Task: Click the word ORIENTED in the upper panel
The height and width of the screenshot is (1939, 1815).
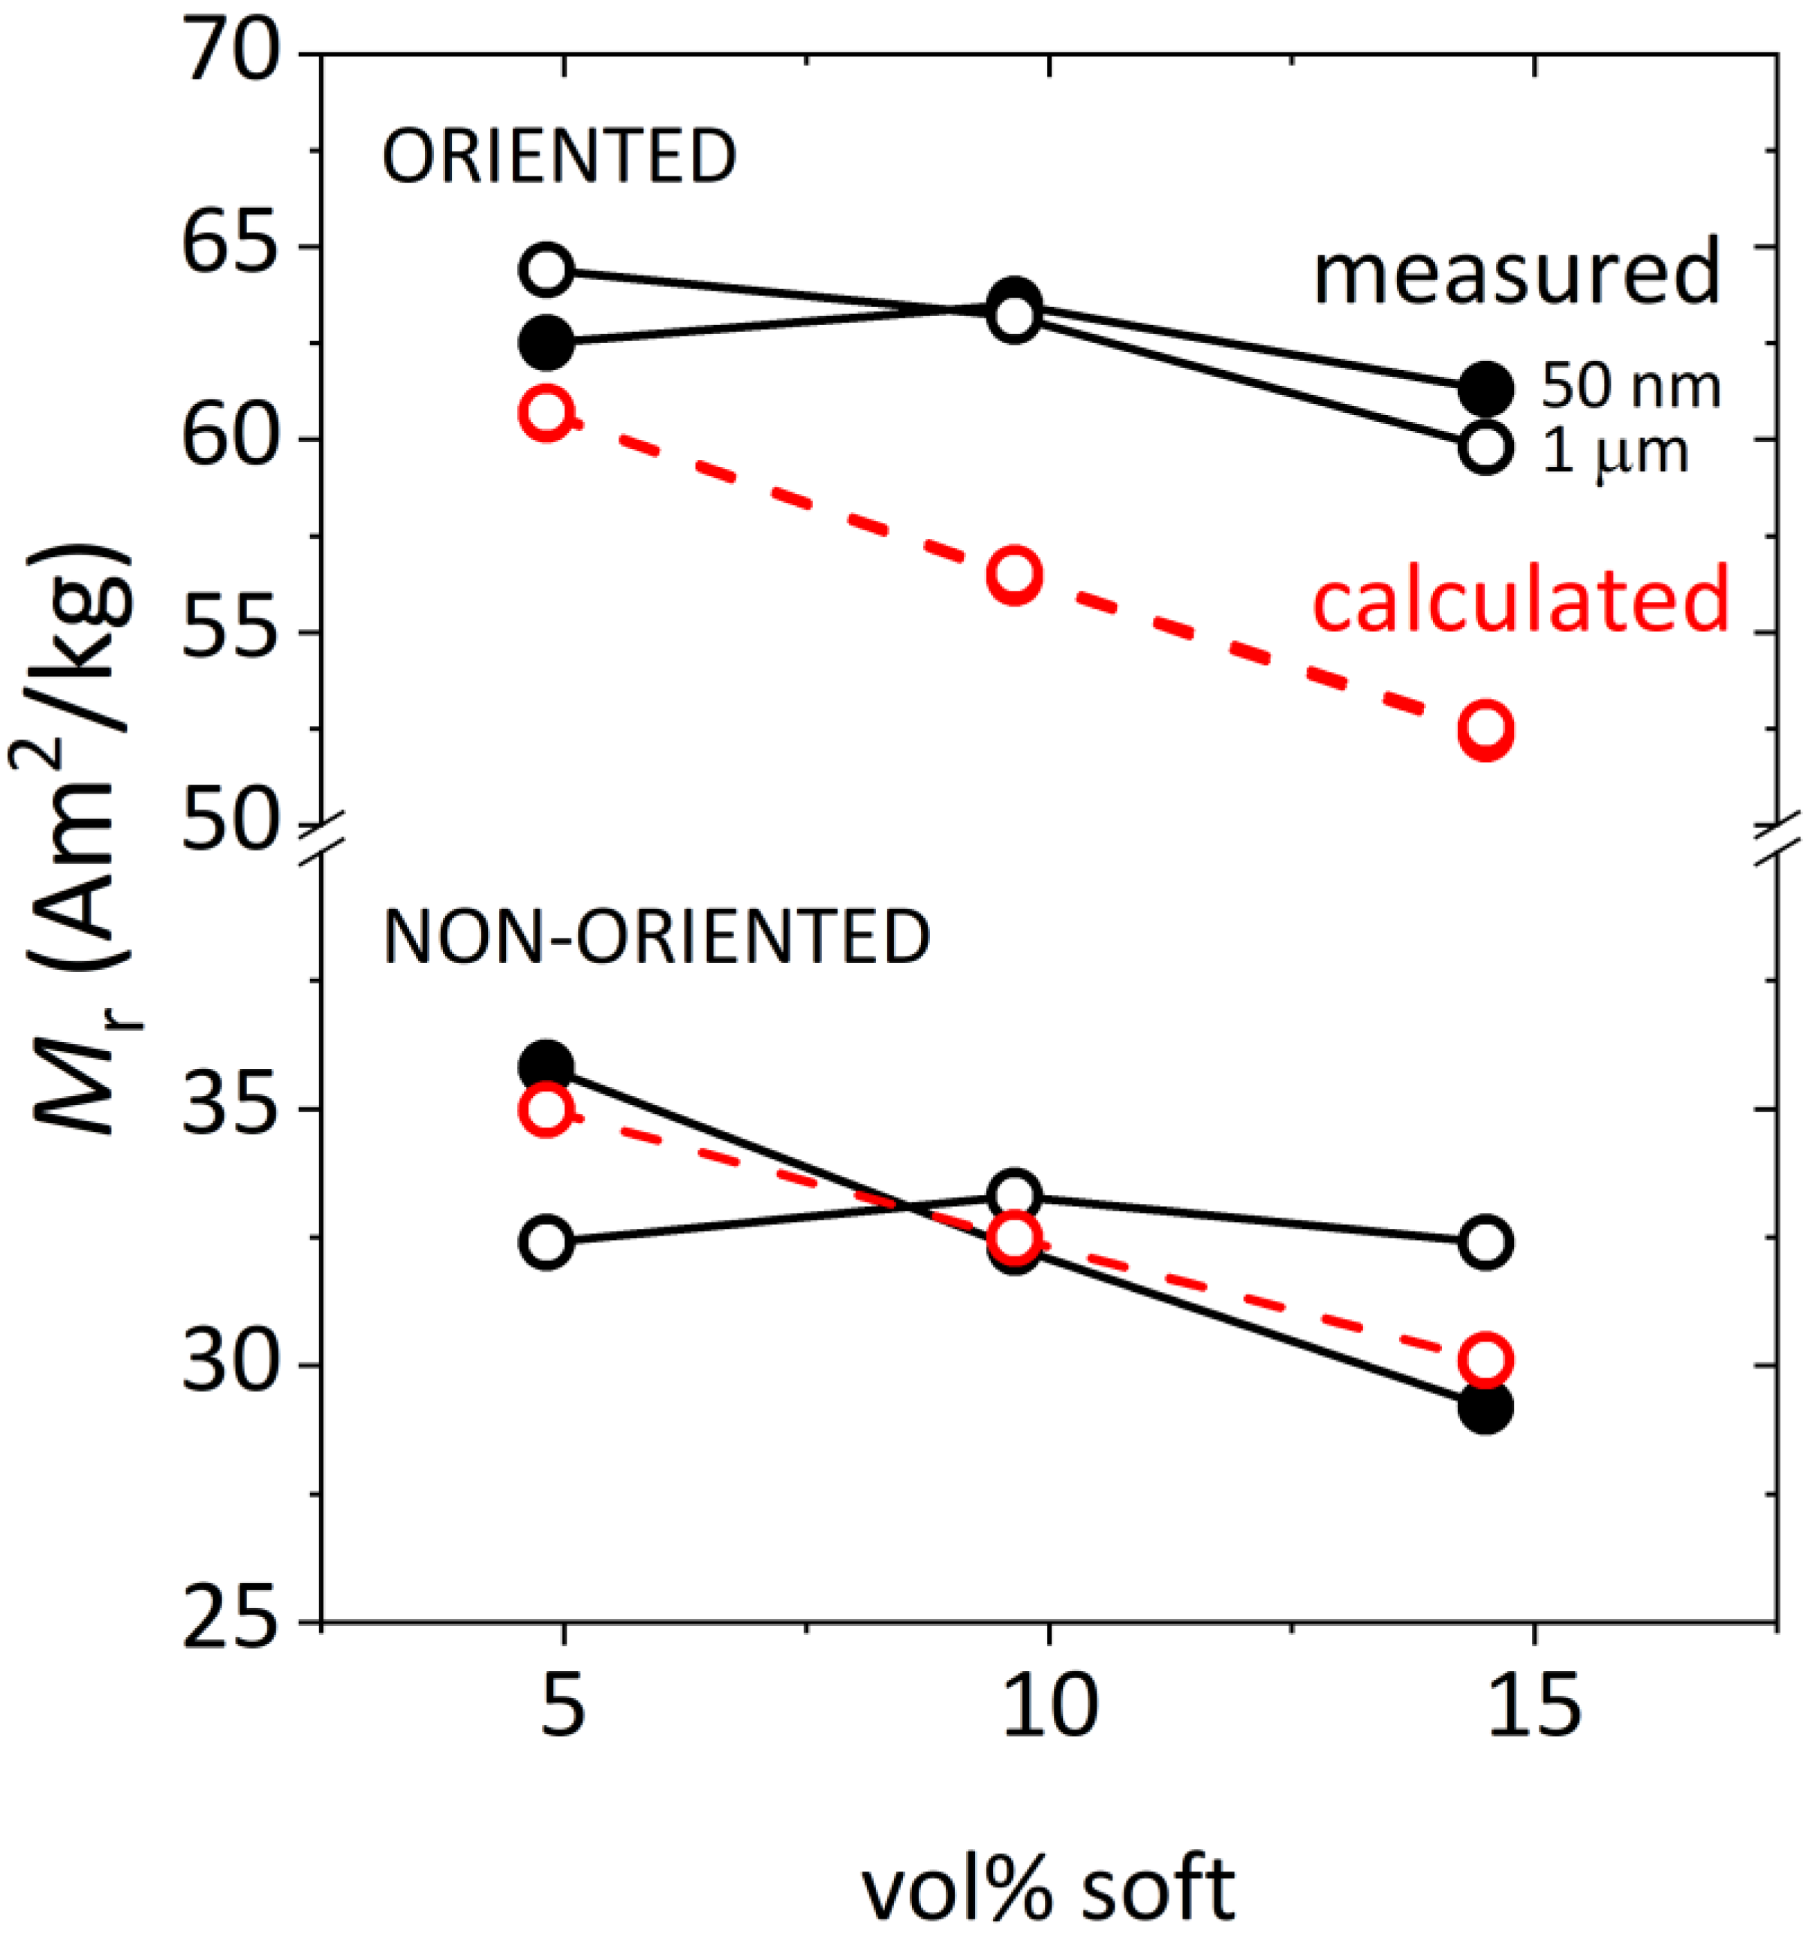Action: [558, 156]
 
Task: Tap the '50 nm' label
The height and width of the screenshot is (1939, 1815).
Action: [1630, 387]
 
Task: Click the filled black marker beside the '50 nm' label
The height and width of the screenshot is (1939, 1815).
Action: [1485, 389]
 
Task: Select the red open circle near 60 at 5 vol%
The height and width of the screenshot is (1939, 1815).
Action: [547, 414]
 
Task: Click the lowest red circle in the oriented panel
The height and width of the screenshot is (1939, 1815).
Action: [1485, 729]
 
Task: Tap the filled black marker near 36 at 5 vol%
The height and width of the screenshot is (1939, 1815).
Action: [547, 1065]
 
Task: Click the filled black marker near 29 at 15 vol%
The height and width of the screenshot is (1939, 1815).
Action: [1485, 1407]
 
